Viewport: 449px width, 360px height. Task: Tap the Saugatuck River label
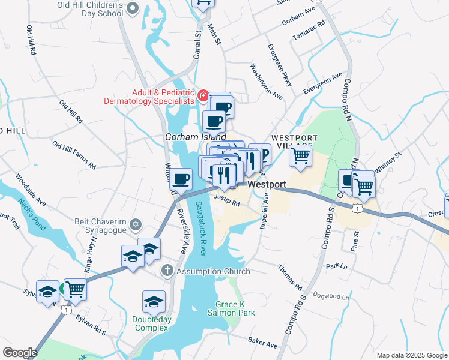[x=202, y=229]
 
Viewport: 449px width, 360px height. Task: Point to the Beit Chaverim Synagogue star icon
[x=136, y=224]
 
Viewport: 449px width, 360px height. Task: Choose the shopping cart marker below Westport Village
[x=300, y=157]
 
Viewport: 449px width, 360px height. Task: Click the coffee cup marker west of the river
[x=181, y=178]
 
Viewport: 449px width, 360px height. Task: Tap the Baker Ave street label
[x=263, y=343]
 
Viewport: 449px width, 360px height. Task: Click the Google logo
[x=20, y=353]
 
